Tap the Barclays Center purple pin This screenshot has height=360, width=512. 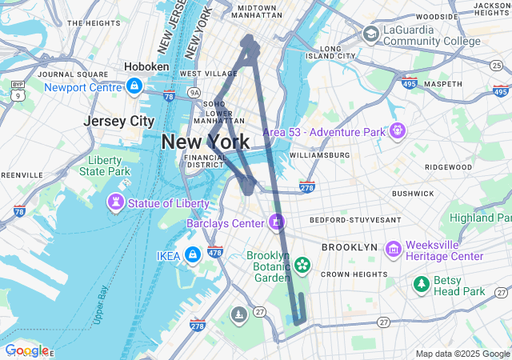tap(277, 222)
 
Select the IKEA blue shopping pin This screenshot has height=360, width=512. tap(192, 255)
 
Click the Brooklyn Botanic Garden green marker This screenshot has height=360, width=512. tap(302, 264)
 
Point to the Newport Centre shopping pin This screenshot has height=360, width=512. tap(134, 85)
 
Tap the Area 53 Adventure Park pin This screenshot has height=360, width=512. tap(398, 130)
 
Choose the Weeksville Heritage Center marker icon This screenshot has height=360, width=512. tap(393, 250)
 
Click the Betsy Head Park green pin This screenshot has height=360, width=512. tap(421, 284)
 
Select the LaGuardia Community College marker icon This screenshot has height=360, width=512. tap(370, 34)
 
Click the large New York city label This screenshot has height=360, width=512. tap(205, 142)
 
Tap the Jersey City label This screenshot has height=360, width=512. tap(119, 122)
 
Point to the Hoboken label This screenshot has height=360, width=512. tap(146, 67)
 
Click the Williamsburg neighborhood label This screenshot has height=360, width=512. tap(319, 155)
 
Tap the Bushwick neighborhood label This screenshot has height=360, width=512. tap(412, 194)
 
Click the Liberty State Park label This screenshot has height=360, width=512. tap(109, 166)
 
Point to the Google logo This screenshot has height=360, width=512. tap(26, 350)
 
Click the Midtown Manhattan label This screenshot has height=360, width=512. tap(257, 11)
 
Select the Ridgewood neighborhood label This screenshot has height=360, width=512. tap(449, 167)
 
